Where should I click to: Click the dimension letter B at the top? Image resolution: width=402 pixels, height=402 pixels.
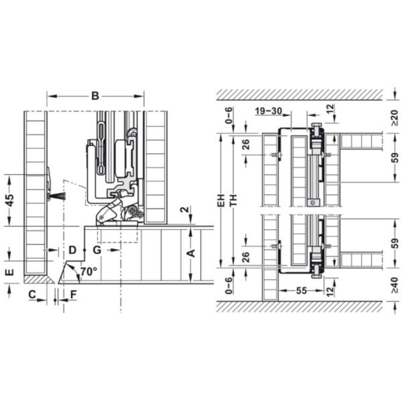pyautogui.click(x=95, y=96)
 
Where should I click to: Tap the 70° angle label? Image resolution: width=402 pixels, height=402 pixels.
pyautogui.click(x=89, y=271)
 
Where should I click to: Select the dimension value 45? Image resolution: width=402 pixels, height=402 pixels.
pyautogui.click(x=10, y=200)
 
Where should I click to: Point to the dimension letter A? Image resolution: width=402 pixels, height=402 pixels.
pyautogui.click(x=191, y=253)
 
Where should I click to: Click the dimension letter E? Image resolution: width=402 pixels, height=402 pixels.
pyautogui.click(x=10, y=272)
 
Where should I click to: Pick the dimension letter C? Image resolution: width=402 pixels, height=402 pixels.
pyautogui.click(x=32, y=294)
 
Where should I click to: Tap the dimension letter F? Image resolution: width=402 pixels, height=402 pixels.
pyautogui.click(x=73, y=295)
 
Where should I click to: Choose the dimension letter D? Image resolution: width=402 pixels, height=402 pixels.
pyautogui.click(x=72, y=250)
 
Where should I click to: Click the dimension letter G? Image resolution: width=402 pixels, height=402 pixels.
pyautogui.click(x=97, y=250)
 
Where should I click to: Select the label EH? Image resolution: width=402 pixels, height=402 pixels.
pyautogui.click(x=221, y=200)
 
